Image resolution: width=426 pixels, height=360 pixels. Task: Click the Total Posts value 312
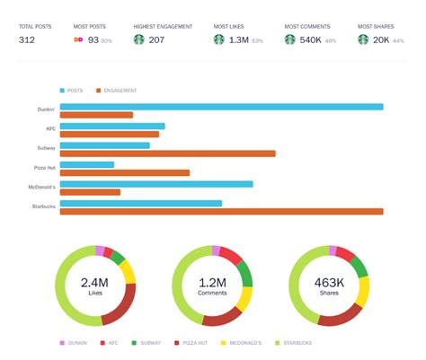[28, 40]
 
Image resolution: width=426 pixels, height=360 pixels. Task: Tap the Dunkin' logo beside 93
[78, 40]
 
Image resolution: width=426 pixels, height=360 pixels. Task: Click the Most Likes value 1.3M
[238, 40]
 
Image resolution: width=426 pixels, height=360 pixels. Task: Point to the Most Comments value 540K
[310, 40]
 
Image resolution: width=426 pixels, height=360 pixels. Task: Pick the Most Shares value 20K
[382, 40]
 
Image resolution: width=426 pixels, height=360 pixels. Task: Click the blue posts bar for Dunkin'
[221, 107]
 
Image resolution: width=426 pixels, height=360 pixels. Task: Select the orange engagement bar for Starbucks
[221, 212]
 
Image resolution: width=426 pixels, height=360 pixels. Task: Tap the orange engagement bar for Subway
[167, 154]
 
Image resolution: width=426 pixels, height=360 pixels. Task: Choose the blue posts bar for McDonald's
[156, 184]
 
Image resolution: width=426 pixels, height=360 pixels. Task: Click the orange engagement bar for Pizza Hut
[125, 172]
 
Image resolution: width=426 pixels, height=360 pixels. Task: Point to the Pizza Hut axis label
[44, 168]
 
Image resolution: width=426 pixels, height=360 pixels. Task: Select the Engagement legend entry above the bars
[120, 91]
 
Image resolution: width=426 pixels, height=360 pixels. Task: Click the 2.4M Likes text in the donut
[94, 286]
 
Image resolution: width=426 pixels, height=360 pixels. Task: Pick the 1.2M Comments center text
[211, 286]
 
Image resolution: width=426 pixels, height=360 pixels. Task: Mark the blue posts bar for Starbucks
[140, 204]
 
